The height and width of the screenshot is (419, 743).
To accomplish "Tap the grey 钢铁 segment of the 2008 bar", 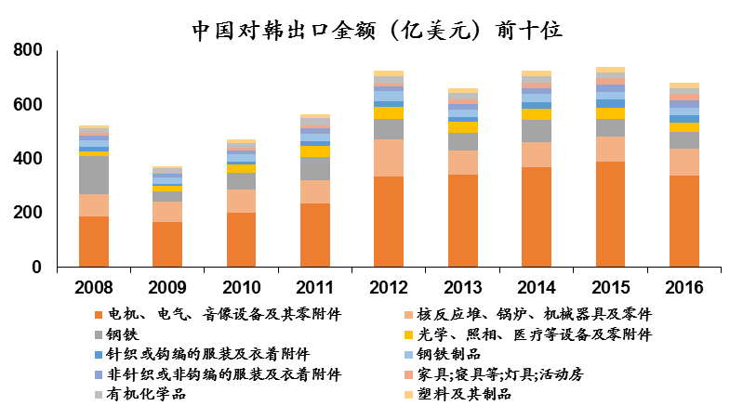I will (94, 175).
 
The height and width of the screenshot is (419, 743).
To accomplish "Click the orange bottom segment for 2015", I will (610, 215).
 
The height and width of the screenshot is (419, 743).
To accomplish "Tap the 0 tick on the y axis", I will (38, 268).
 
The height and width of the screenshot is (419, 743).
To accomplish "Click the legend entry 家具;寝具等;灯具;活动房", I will (504, 374).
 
